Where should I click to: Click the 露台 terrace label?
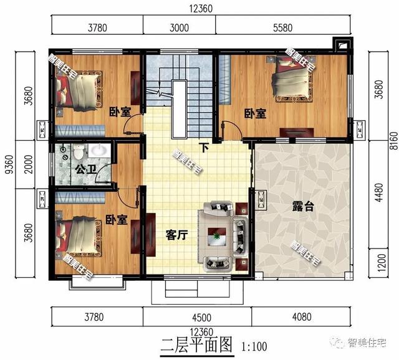point(303,206)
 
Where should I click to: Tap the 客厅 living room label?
point(177,235)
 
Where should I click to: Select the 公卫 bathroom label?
point(86,169)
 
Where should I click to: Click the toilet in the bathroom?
point(78,151)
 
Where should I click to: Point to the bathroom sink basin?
point(99,151)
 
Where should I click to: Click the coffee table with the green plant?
point(217,237)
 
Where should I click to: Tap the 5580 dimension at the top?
point(282,27)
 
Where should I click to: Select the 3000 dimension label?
point(179,27)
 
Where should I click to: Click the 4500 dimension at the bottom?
point(201,318)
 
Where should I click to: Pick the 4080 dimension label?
point(302,317)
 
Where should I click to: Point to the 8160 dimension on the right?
point(394,141)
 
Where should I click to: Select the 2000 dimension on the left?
point(29,164)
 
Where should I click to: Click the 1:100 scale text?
point(254,346)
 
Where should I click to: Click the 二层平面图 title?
point(197,345)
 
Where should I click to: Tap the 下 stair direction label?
point(204,148)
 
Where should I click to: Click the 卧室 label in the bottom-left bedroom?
point(117,220)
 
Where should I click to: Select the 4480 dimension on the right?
point(379,192)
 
